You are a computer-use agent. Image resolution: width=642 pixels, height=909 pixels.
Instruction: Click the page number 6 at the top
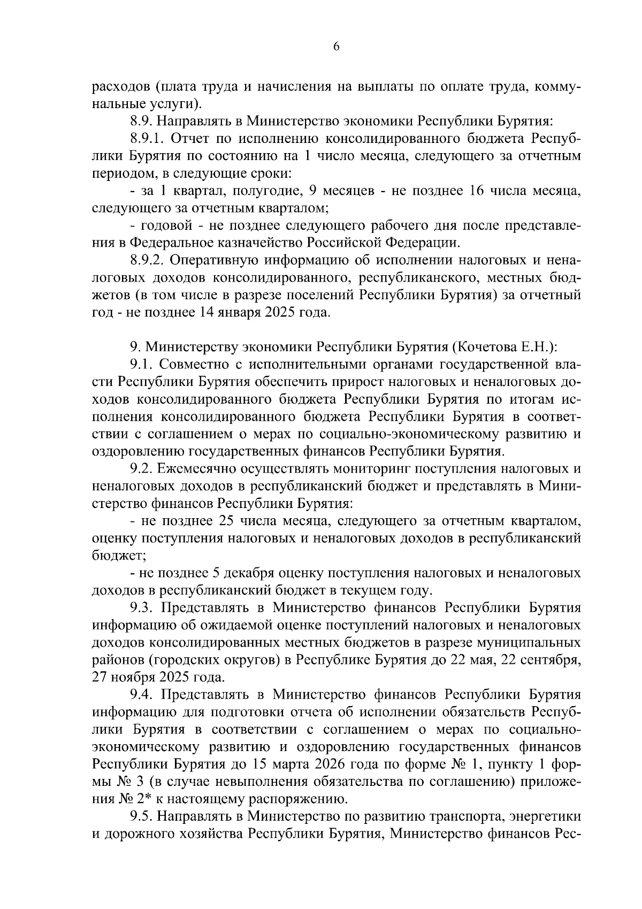coord(336,47)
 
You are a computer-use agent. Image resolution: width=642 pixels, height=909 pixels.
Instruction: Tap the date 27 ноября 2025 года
coord(158,677)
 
